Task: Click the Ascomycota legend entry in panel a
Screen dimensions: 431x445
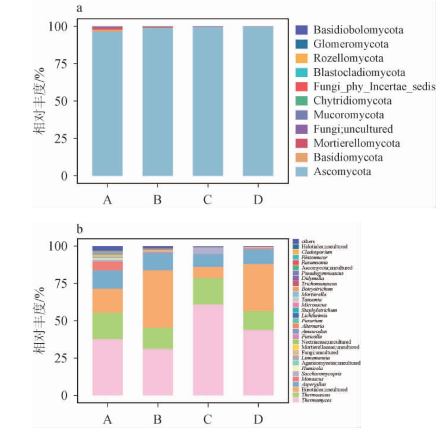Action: coord(342,171)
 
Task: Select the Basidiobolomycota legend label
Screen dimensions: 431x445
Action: coord(358,30)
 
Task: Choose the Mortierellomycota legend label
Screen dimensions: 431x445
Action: coord(357,143)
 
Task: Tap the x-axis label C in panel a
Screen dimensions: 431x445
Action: coord(208,200)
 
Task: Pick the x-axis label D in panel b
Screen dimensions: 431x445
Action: coord(258,419)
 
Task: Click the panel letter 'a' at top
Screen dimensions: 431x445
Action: coord(80,8)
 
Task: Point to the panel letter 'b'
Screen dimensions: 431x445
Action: coord(80,229)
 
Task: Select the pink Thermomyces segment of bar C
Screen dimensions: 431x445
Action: coord(208,349)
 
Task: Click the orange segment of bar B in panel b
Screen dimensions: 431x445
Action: coord(157,299)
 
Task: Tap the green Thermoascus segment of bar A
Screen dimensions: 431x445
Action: coord(107,325)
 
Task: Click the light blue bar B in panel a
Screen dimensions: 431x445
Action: coord(157,103)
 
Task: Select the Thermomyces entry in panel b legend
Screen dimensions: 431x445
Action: coord(316,400)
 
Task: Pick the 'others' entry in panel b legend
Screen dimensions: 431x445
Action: coord(308,241)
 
